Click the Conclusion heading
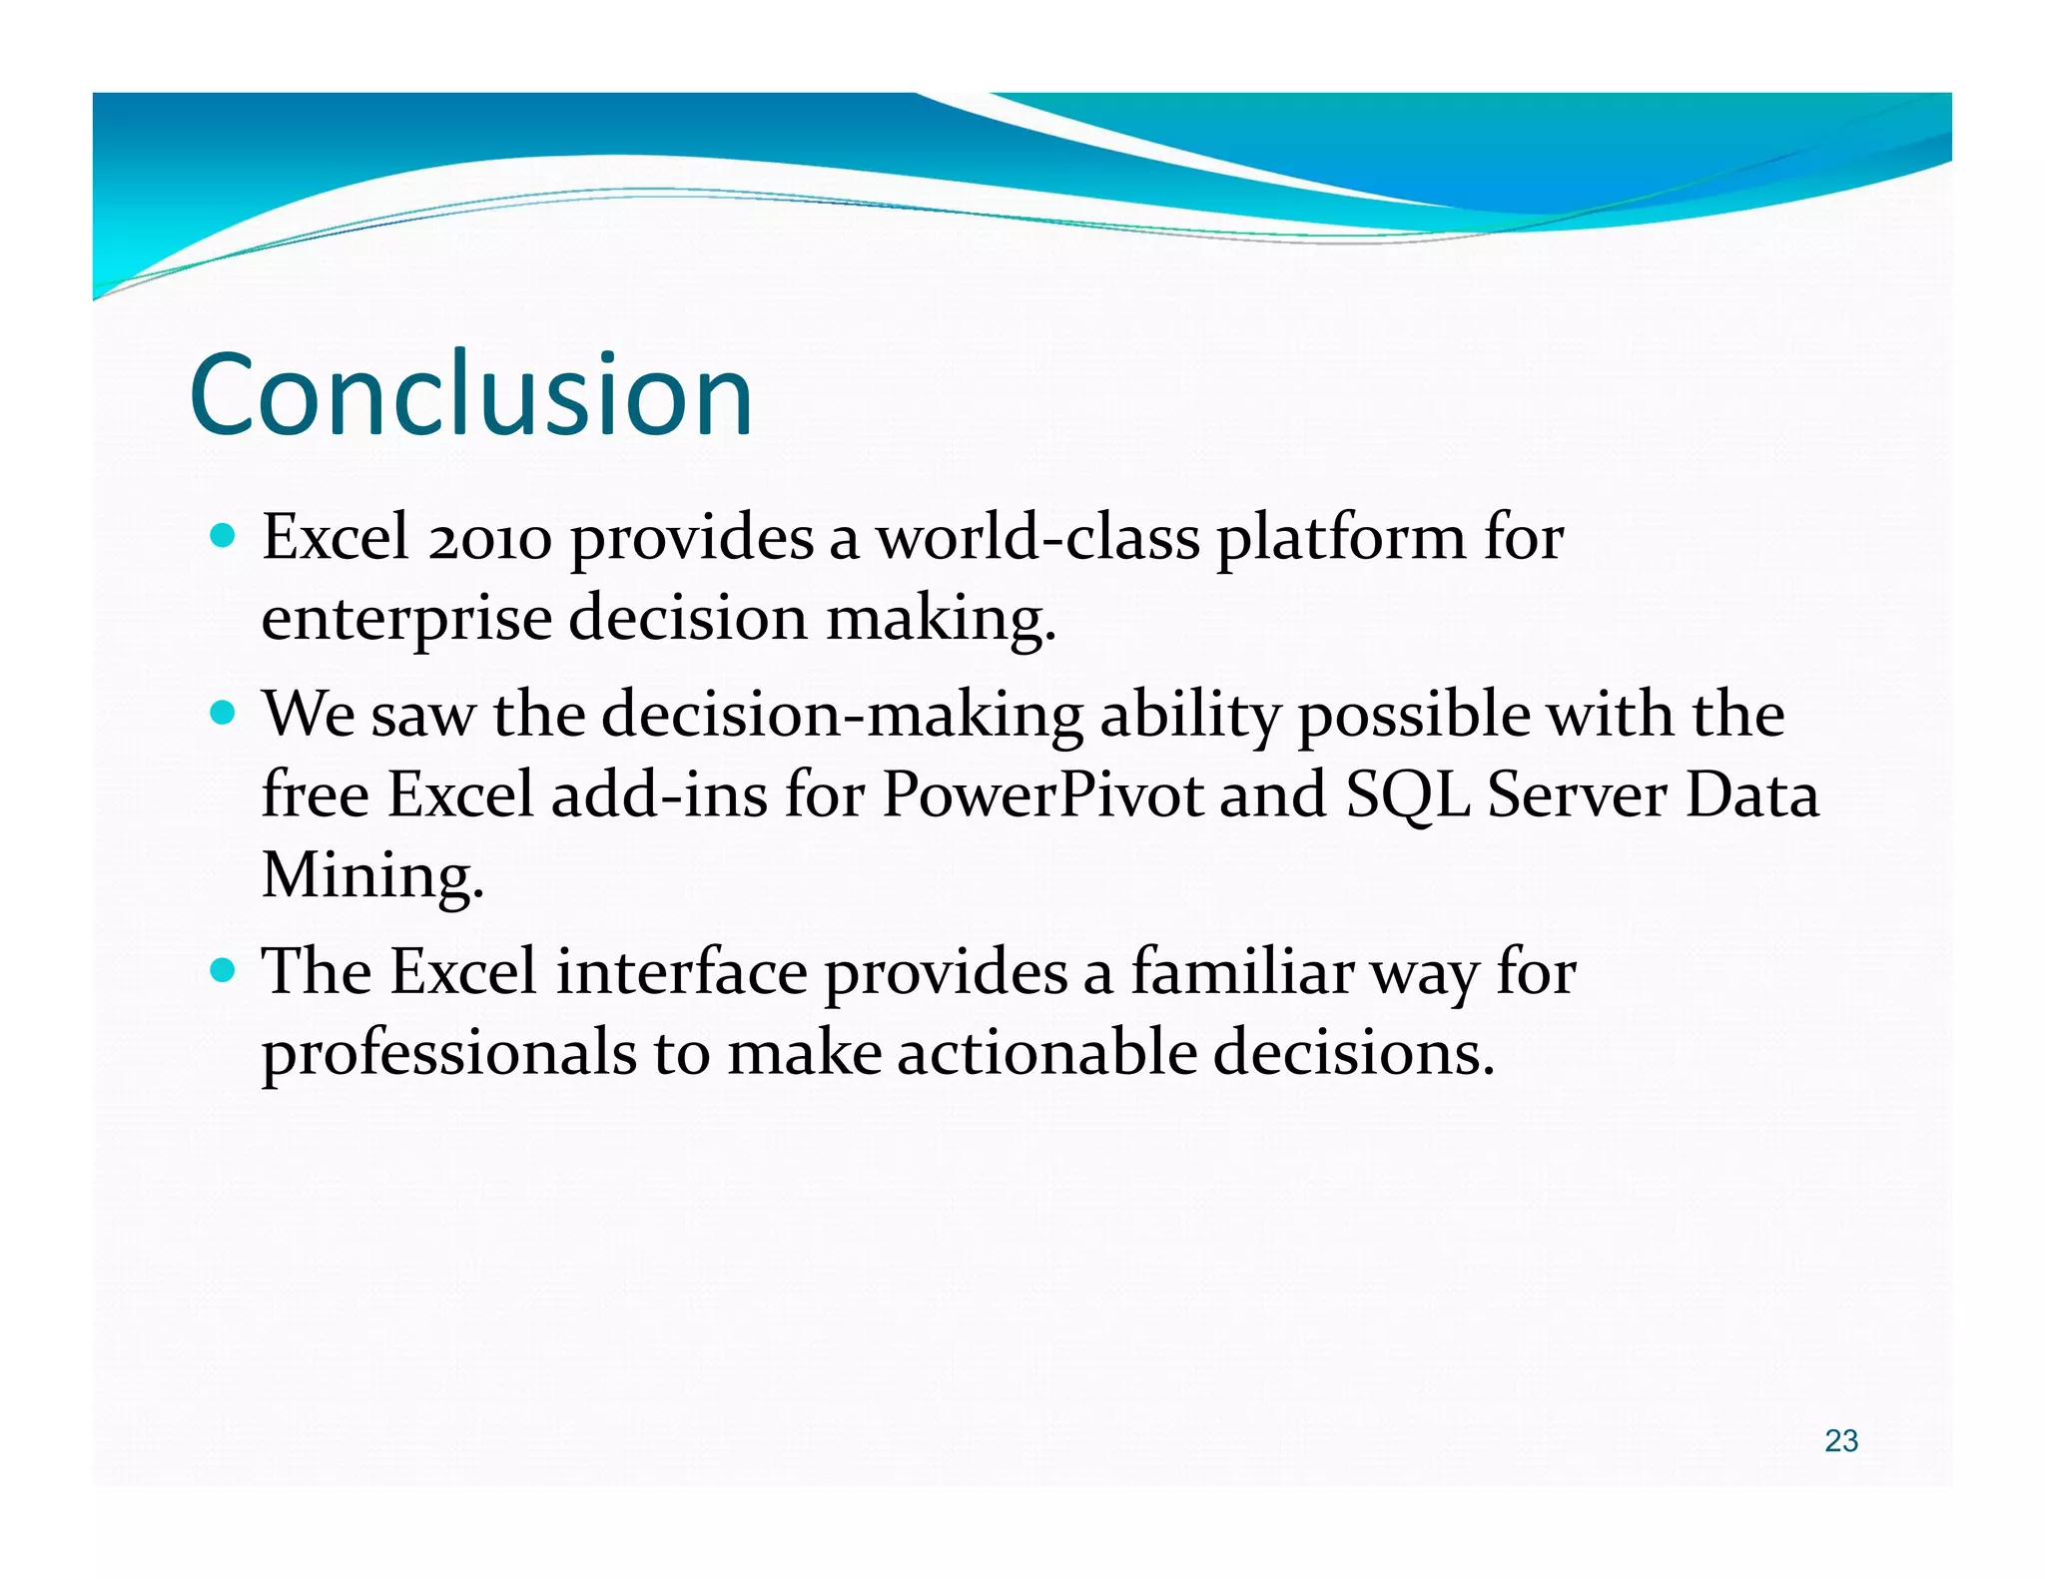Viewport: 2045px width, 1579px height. click(x=470, y=394)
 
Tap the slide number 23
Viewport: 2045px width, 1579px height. click(x=1840, y=1440)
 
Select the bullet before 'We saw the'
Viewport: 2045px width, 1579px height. click(x=224, y=714)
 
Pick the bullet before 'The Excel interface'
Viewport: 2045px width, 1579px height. click(x=224, y=970)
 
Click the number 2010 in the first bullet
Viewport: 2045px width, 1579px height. click(x=489, y=539)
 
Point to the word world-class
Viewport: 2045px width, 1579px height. click(x=1037, y=539)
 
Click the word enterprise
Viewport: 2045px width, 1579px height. click(x=405, y=621)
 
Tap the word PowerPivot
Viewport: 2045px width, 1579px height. click(x=1042, y=795)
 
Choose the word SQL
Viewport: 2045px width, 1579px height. click(x=1408, y=797)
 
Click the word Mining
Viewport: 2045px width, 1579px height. click(x=372, y=877)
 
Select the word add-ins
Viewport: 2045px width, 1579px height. click(x=659, y=795)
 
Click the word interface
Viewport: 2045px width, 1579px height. click(x=681, y=972)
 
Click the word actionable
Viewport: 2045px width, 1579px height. click(x=1046, y=1052)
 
